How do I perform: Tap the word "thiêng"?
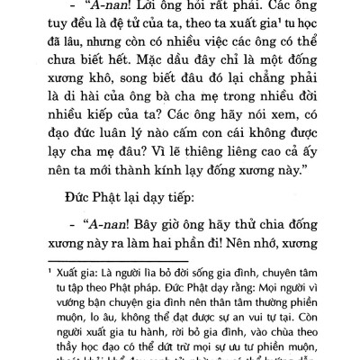coord(215,205)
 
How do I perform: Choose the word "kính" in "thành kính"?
coord(182,229)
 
